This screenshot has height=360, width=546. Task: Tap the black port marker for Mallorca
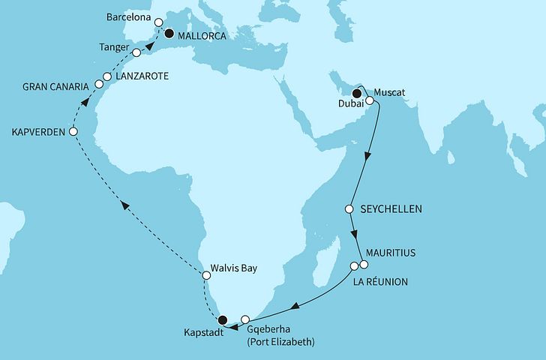click(169, 33)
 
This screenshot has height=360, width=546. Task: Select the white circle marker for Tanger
click(136, 53)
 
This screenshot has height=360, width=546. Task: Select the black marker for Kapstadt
click(222, 319)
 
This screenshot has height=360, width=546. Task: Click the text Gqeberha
click(268, 328)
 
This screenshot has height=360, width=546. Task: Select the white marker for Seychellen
click(349, 208)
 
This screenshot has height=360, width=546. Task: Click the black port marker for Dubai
click(357, 94)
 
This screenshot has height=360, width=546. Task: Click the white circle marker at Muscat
click(370, 100)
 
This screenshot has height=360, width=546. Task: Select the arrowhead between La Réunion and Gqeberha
click(295, 306)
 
